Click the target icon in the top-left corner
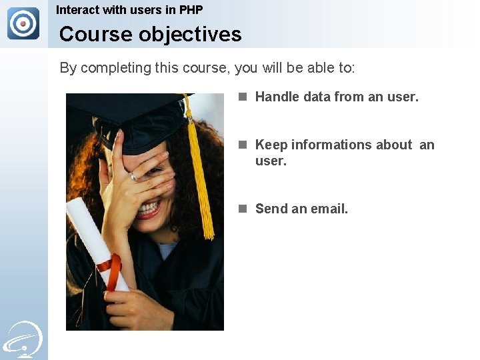tap(23, 23)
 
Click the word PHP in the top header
tap(191, 10)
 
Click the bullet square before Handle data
tap(244, 97)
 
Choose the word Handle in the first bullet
tap(277, 97)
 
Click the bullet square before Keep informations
tap(244, 145)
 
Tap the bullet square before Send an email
tap(244, 209)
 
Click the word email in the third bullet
tap(329, 209)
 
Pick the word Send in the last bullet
tap(271, 209)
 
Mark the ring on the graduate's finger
tap(133, 176)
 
